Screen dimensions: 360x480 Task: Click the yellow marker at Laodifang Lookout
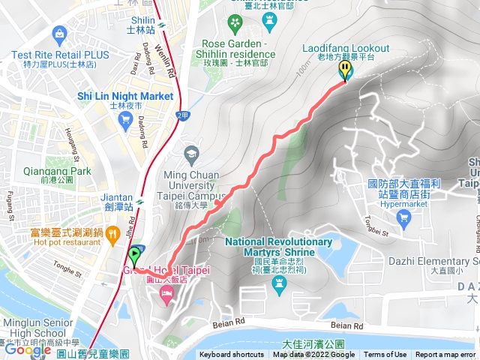point(345,70)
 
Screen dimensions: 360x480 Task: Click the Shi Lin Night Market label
point(125,96)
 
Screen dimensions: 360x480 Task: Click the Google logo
point(28,349)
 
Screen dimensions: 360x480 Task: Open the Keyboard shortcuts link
point(232,355)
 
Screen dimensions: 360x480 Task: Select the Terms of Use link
point(385,355)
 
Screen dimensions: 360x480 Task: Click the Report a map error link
point(445,355)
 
